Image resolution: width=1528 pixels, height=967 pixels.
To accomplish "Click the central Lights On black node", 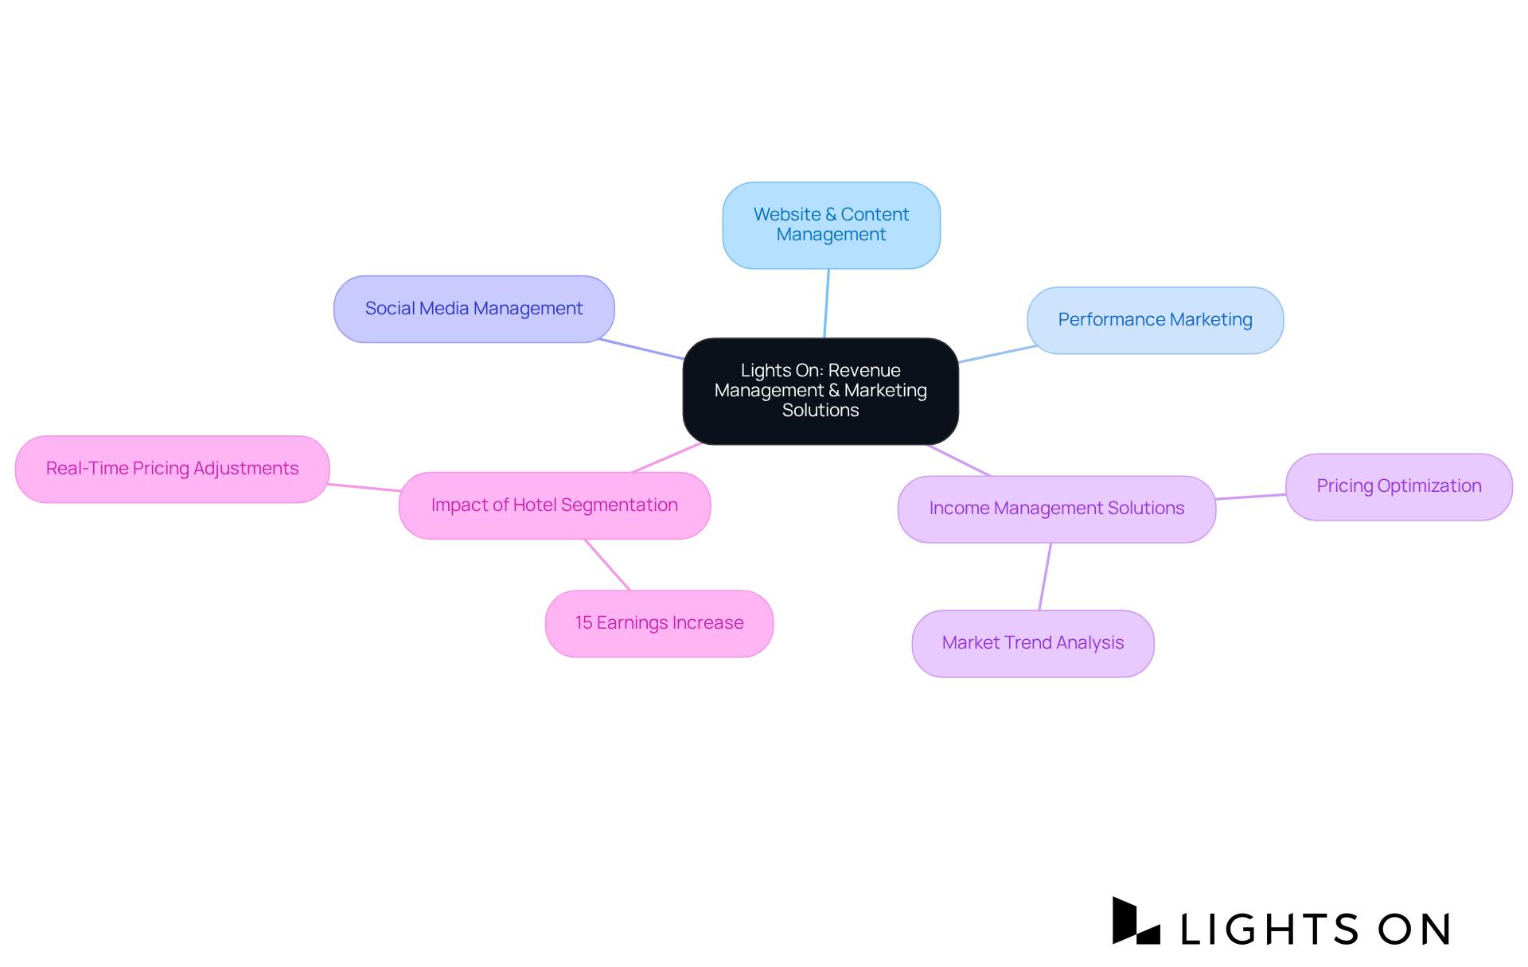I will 821,391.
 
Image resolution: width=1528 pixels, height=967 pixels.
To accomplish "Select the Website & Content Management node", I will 831,225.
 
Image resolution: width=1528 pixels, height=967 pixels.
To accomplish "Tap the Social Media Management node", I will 474,309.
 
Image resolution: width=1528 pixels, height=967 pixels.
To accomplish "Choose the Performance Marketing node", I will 1155,320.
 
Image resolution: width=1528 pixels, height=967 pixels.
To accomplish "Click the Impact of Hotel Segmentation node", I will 554,505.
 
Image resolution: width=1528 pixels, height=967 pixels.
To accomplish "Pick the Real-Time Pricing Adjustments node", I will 172,469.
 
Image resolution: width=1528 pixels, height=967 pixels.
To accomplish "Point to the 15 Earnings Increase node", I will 659,623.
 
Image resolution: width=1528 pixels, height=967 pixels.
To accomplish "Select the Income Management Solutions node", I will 1056,509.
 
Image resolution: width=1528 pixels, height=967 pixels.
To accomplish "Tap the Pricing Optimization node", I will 1398,486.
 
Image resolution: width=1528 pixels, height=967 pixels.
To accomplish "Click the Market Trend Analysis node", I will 1032,643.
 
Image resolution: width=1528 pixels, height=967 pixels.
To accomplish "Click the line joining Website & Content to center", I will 827,303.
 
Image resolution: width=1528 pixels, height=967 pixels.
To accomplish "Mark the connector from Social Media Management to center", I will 641,349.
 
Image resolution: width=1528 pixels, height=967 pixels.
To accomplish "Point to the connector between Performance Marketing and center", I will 997,354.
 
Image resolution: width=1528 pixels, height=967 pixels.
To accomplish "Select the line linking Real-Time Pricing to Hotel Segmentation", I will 364,487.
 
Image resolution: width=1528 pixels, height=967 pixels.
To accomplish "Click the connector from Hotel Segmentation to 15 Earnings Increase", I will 607,565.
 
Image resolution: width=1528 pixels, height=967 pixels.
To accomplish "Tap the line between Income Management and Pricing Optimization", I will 1250,497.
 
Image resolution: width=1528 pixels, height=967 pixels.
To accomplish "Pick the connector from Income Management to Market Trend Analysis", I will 1045,576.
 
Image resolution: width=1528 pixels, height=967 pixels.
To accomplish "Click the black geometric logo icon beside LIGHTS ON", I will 1135,922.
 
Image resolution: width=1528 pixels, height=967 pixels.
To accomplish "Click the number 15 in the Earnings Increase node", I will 584,623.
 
